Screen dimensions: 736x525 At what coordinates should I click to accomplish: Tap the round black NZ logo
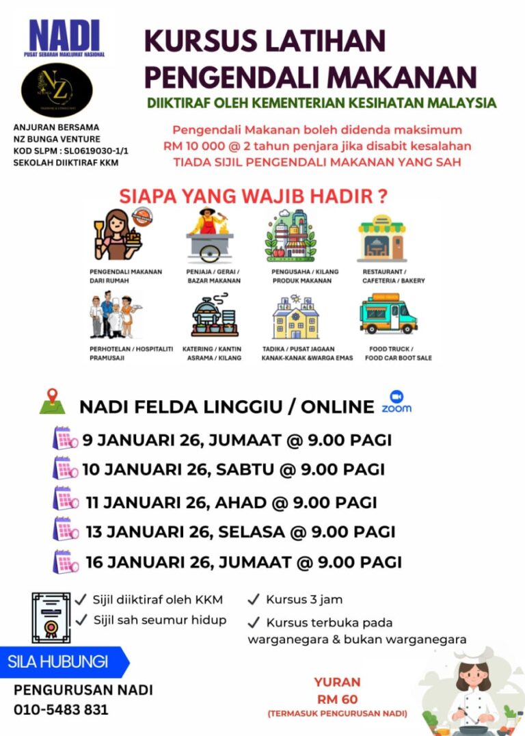[x=57, y=90]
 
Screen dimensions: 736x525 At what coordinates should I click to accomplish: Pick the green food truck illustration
[x=388, y=314]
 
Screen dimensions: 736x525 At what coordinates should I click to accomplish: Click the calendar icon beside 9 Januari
[x=66, y=438]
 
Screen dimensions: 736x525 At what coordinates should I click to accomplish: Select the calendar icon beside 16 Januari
[x=66, y=561]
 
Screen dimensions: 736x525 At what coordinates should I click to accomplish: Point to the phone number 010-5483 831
[x=61, y=709]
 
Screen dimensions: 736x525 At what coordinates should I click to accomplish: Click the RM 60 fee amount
[x=337, y=699]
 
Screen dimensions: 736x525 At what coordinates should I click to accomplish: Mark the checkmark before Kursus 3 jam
[x=254, y=600]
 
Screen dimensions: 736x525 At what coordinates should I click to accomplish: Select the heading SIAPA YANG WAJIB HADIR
[x=254, y=196]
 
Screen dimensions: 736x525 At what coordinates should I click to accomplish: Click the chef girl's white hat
[x=472, y=656]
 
